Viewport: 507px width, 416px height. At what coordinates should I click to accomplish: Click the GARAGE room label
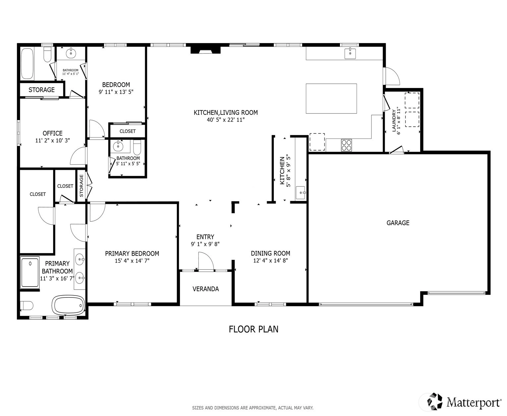coord(398,223)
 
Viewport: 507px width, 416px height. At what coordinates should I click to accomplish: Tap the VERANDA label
coord(205,289)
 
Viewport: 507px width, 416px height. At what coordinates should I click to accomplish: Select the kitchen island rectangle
coord(331,98)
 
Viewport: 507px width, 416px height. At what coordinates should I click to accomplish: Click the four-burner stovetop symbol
coord(346,145)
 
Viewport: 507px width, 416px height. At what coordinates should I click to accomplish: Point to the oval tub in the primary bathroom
coord(69,305)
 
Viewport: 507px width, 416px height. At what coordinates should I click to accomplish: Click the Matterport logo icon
coord(435,401)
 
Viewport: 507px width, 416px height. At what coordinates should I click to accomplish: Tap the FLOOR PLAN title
coord(253,329)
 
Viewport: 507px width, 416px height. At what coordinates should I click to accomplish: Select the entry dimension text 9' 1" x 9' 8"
coord(205,244)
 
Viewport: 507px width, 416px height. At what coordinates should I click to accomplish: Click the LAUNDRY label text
coord(394,121)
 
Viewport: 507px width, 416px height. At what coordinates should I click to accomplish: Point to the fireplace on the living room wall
coord(205,49)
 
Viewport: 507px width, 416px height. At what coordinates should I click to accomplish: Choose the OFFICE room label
coord(52,133)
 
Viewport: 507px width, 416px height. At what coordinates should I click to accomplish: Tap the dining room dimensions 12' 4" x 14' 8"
coord(270,260)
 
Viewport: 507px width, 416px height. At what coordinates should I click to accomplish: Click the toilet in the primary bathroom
coord(27,306)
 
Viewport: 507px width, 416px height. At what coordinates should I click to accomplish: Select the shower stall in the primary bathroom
coord(30,273)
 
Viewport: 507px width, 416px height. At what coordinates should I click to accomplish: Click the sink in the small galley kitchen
coord(301,193)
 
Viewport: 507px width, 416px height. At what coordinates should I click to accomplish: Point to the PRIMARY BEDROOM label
coord(132,253)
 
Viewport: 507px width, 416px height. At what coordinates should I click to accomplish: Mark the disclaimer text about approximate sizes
coord(253,408)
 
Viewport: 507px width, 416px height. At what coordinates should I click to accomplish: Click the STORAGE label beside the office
coord(42,90)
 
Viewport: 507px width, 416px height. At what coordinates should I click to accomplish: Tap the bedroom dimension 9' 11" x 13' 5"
coord(116,92)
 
